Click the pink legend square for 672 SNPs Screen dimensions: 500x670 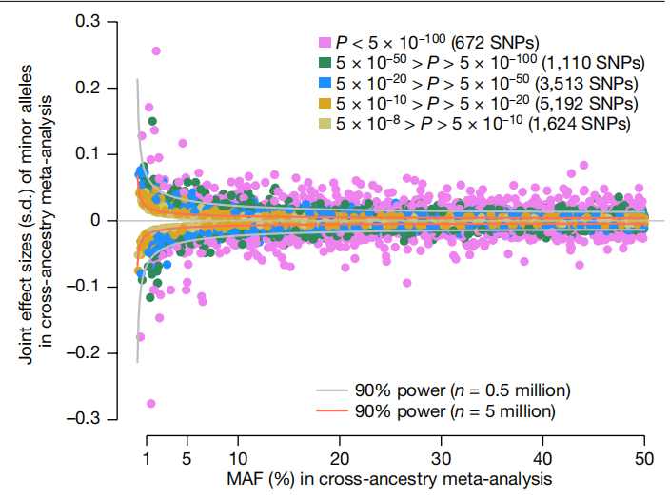click(325, 42)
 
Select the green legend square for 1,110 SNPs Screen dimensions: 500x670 click(325, 62)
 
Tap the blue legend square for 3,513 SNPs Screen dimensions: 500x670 click(325, 82)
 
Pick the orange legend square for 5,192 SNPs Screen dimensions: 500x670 click(325, 102)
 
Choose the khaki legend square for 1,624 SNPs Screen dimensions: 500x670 click(325, 123)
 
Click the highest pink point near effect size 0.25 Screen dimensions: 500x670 click(156, 51)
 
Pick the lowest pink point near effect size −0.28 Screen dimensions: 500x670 click(150, 404)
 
